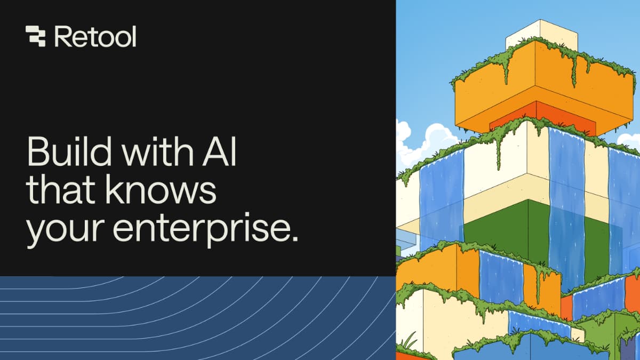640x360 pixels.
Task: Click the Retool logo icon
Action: tap(35, 36)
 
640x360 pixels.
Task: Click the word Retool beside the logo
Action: tap(95, 37)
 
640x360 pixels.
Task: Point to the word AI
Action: tap(219, 151)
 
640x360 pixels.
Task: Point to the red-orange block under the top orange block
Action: tap(542, 118)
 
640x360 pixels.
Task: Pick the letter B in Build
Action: tap(38, 151)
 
